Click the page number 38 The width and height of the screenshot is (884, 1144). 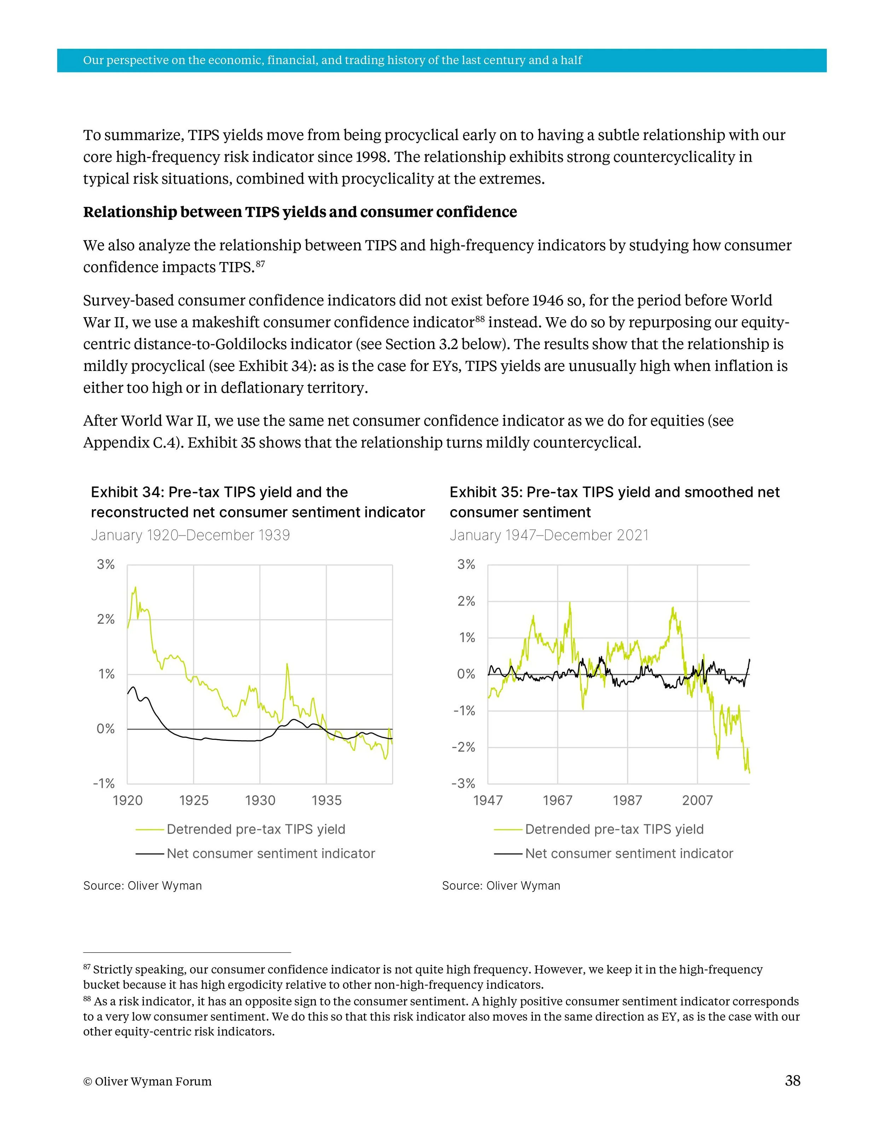point(792,1081)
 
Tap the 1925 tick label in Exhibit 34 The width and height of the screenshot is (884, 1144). point(194,800)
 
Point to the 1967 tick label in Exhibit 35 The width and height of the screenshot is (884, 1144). point(557,800)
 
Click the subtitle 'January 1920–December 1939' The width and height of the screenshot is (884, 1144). point(190,535)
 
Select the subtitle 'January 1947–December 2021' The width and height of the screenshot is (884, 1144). point(549,535)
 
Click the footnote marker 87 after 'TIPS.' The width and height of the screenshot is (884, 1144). point(260,264)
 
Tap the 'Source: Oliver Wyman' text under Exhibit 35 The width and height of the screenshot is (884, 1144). point(501,886)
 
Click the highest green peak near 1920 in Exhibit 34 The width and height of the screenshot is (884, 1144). point(135,588)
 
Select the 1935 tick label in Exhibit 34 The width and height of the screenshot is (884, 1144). point(326,800)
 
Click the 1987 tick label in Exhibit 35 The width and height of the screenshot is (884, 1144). point(627,800)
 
